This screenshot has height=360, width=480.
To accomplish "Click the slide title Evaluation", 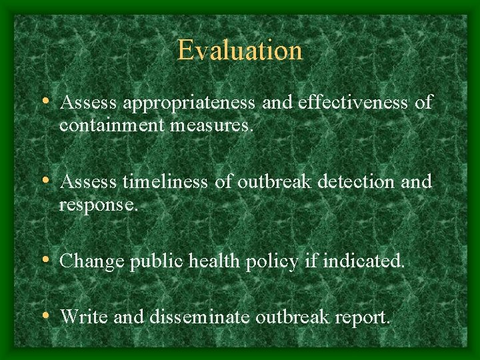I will [240, 50].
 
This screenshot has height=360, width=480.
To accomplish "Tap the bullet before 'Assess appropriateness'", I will [44, 102].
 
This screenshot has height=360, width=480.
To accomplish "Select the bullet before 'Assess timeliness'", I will [44, 181].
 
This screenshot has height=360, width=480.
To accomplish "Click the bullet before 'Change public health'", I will [44, 261].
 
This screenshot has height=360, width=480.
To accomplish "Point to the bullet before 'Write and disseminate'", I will [44, 316].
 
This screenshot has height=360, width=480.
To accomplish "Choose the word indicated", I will [363, 262].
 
